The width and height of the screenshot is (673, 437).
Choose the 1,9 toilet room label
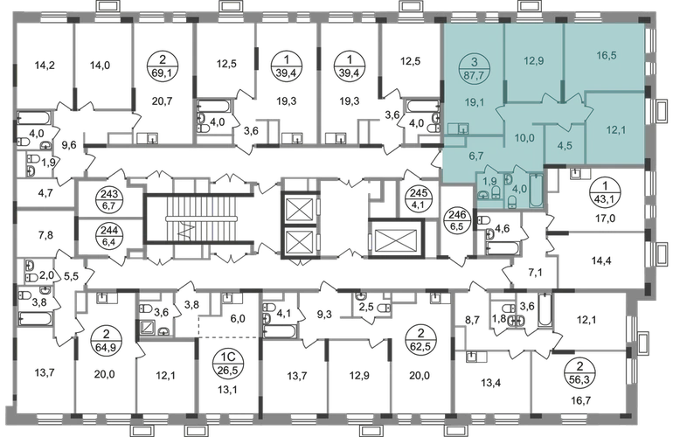point(489,182)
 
